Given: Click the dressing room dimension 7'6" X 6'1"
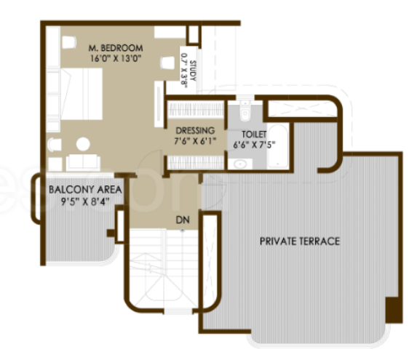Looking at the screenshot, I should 194,142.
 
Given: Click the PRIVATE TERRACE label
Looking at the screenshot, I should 299,241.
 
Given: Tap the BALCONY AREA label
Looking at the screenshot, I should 84,190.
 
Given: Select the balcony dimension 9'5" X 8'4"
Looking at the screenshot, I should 84,202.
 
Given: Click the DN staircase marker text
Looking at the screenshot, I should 180,218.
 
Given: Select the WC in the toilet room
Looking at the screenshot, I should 245,112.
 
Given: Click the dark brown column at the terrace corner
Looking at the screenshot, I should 393,308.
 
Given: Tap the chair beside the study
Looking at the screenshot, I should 167,63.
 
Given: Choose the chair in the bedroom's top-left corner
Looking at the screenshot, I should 68,42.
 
